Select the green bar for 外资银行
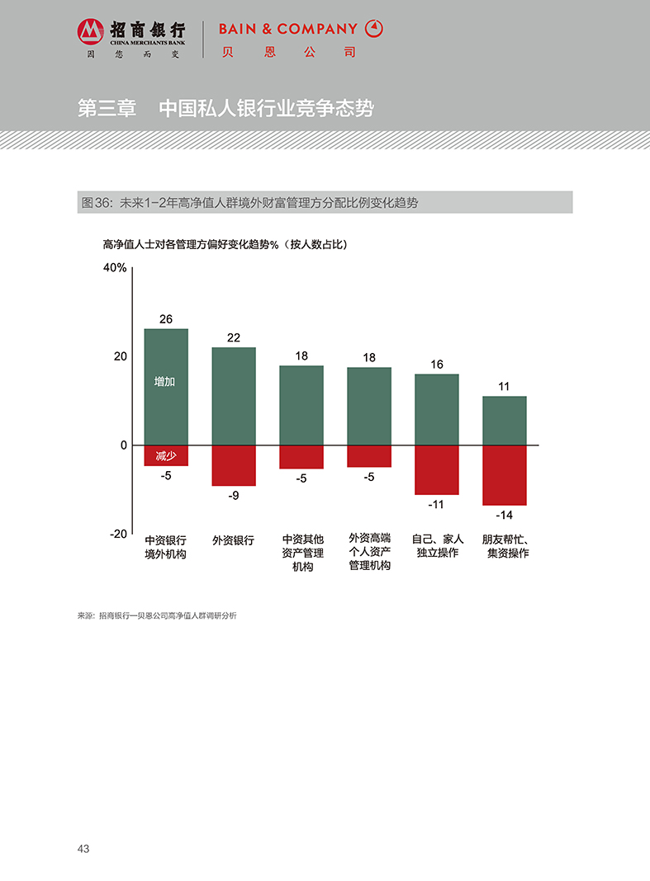234,396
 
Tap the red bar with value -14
504,475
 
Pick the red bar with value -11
436,469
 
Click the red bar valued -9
234,465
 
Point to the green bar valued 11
504,421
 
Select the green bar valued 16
436,409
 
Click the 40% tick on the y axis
115,268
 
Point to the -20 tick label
118,534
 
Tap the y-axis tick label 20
121,356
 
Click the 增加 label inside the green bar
165,382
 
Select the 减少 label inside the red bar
166,455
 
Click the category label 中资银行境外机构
165,548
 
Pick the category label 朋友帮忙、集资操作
505,547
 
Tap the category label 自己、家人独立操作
437,547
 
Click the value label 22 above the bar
234,337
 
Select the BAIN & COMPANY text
287,29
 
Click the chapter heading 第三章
107,109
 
